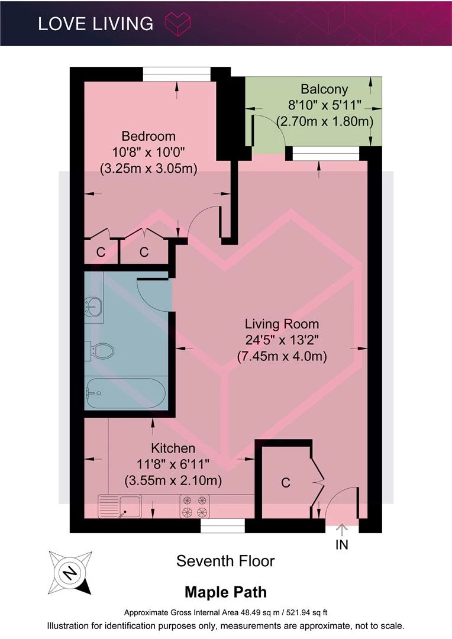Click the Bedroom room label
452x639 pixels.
click(x=148, y=136)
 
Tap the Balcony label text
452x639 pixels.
click(x=324, y=89)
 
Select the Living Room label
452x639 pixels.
click(x=282, y=324)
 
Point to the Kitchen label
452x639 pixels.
click(x=173, y=448)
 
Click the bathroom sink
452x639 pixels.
click(x=93, y=306)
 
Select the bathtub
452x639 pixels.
click(x=125, y=393)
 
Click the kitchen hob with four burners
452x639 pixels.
click(x=195, y=506)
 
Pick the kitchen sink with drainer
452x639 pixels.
click(x=120, y=506)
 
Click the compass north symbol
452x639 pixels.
click(x=70, y=573)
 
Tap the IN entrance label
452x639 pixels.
click(x=341, y=544)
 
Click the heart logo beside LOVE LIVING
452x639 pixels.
click(x=177, y=23)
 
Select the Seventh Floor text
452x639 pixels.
click(x=225, y=561)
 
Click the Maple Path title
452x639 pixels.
click(x=226, y=592)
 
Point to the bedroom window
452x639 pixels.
click(x=176, y=75)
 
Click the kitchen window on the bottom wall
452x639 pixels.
click(x=222, y=526)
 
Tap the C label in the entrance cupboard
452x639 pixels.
click(x=286, y=483)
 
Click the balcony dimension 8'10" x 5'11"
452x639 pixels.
click(x=325, y=105)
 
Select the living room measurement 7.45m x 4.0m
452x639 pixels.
click(x=282, y=357)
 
